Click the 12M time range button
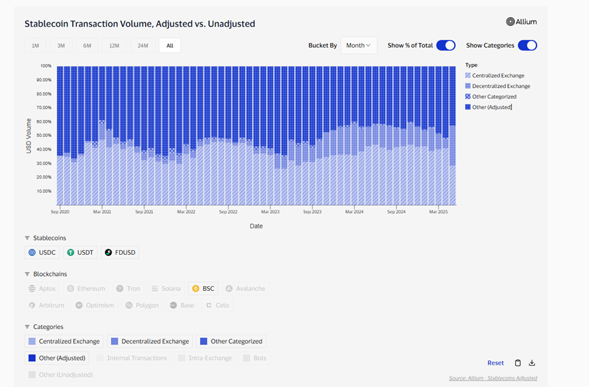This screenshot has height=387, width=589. pos(114,46)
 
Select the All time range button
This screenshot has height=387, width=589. pos(170,46)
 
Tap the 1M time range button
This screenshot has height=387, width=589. pos(35,46)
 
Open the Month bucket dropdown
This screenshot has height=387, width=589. pos(359,46)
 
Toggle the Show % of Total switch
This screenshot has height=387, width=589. pos(445,46)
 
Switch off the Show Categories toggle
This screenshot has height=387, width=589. pos(527,46)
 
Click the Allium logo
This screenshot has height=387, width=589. pos(522,22)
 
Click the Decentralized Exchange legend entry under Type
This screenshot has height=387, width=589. pos(500,87)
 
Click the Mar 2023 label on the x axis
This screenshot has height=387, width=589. pos(270,212)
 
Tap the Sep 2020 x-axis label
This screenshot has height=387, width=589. pos(60,212)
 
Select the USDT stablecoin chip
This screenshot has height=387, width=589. pos(80,252)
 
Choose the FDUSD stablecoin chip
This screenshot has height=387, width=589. pos(120,252)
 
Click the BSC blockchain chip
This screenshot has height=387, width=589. pos(203,288)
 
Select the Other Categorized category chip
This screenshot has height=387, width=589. pos(231,341)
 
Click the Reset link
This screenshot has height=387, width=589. pos(495,363)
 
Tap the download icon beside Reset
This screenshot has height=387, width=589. pos(532,363)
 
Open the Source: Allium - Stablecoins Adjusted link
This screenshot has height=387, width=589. pos(493,378)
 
